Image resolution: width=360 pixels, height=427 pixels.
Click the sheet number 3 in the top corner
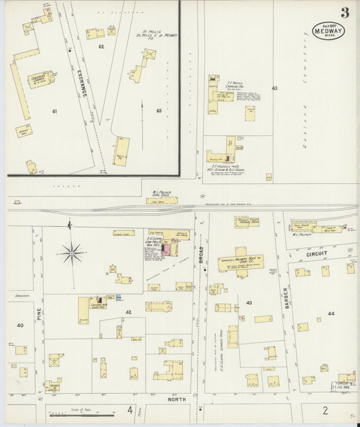(344, 12)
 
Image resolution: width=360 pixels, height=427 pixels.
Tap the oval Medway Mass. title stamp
(328, 30)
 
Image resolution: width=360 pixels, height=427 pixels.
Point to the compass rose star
(71, 253)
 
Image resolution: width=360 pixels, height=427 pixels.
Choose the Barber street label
(286, 295)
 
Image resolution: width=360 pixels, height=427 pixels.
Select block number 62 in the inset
(102, 46)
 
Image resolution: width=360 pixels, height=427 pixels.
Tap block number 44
(331, 314)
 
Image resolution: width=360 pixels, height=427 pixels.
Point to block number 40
(20, 326)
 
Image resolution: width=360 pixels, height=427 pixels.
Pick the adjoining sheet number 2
(324, 409)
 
